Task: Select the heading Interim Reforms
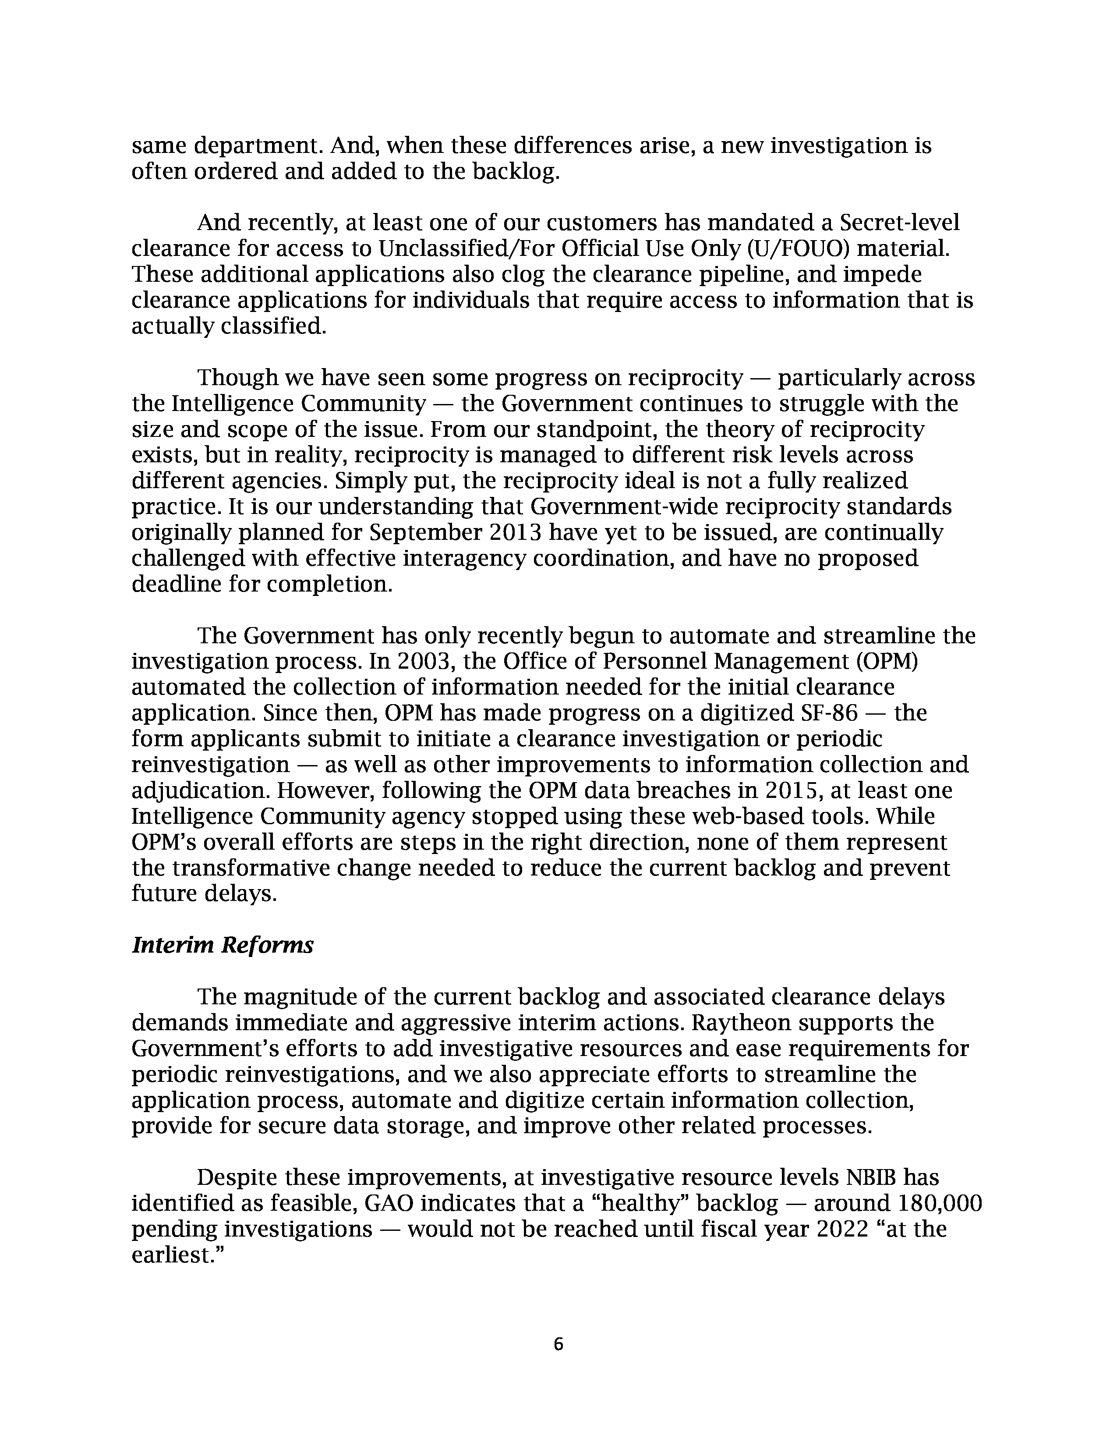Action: coord(223,946)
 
